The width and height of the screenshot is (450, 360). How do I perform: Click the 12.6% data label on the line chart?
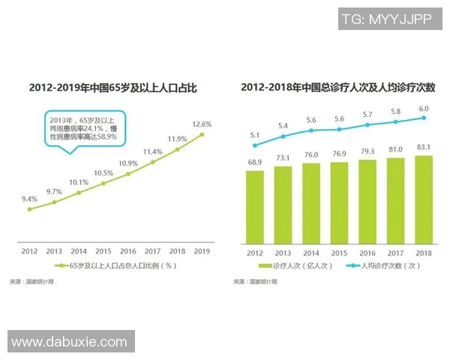point(202,124)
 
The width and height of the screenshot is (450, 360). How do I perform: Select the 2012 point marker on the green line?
point(30,209)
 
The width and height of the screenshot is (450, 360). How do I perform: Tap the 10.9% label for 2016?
point(127,163)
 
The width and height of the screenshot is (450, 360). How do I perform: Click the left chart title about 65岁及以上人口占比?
point(112,88)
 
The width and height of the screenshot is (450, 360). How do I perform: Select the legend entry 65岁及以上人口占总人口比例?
point(116,265)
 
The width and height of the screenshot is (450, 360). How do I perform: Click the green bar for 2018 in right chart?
point(424,199)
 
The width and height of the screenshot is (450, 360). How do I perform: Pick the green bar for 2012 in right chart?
point(255,207)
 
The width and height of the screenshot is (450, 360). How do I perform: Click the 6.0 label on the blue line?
point(424,109)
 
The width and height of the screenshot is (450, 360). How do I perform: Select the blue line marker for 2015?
point(340,129)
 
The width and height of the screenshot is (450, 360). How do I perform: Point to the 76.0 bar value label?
point(311,155)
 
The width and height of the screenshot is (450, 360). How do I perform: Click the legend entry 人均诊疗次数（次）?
point(385,265)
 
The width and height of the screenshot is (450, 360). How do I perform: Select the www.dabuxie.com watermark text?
point(70,342)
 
